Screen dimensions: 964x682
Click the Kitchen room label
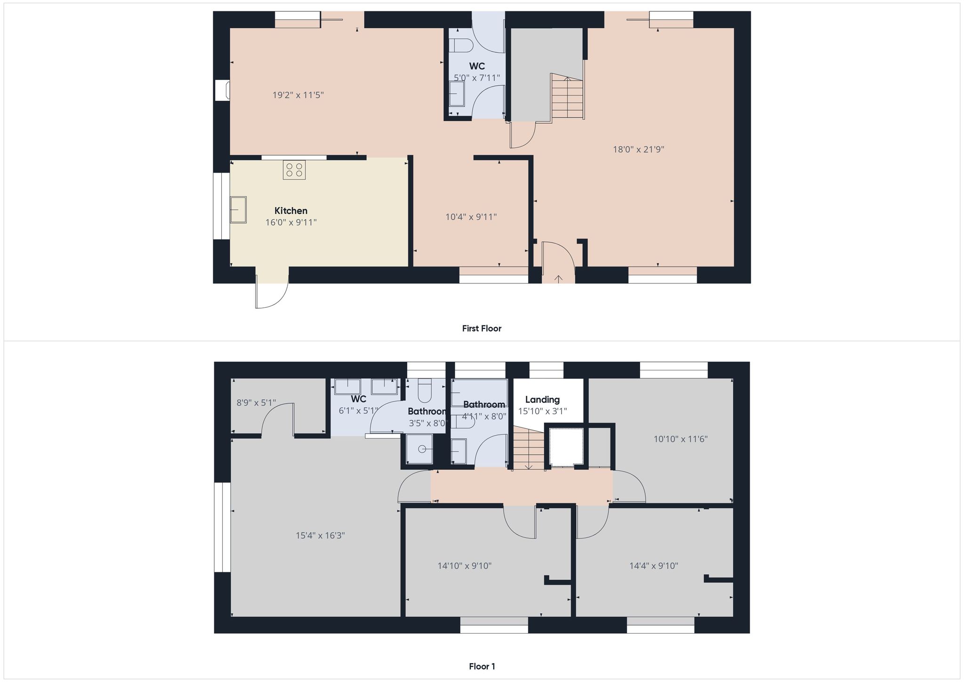291,211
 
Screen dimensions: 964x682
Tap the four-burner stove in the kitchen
294,170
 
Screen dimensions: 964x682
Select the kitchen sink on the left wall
238,209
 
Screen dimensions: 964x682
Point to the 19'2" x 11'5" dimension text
298,95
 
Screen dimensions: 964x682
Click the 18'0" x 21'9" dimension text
638,150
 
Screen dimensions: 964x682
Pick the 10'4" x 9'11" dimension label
471,217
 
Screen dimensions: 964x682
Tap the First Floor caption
482,329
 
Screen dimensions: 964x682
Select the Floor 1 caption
482,666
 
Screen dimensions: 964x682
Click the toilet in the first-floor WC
460,46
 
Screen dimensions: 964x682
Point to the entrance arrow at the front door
558,279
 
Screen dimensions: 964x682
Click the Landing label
542,400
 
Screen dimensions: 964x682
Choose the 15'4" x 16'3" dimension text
321,536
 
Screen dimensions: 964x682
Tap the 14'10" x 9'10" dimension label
465,566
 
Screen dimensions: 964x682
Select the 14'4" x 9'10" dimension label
654,566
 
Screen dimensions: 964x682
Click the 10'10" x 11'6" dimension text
681,439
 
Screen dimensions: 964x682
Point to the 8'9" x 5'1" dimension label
256,403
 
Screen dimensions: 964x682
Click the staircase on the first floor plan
567,96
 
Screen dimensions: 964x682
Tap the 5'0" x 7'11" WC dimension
477,78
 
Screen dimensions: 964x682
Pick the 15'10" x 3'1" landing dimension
542,411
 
